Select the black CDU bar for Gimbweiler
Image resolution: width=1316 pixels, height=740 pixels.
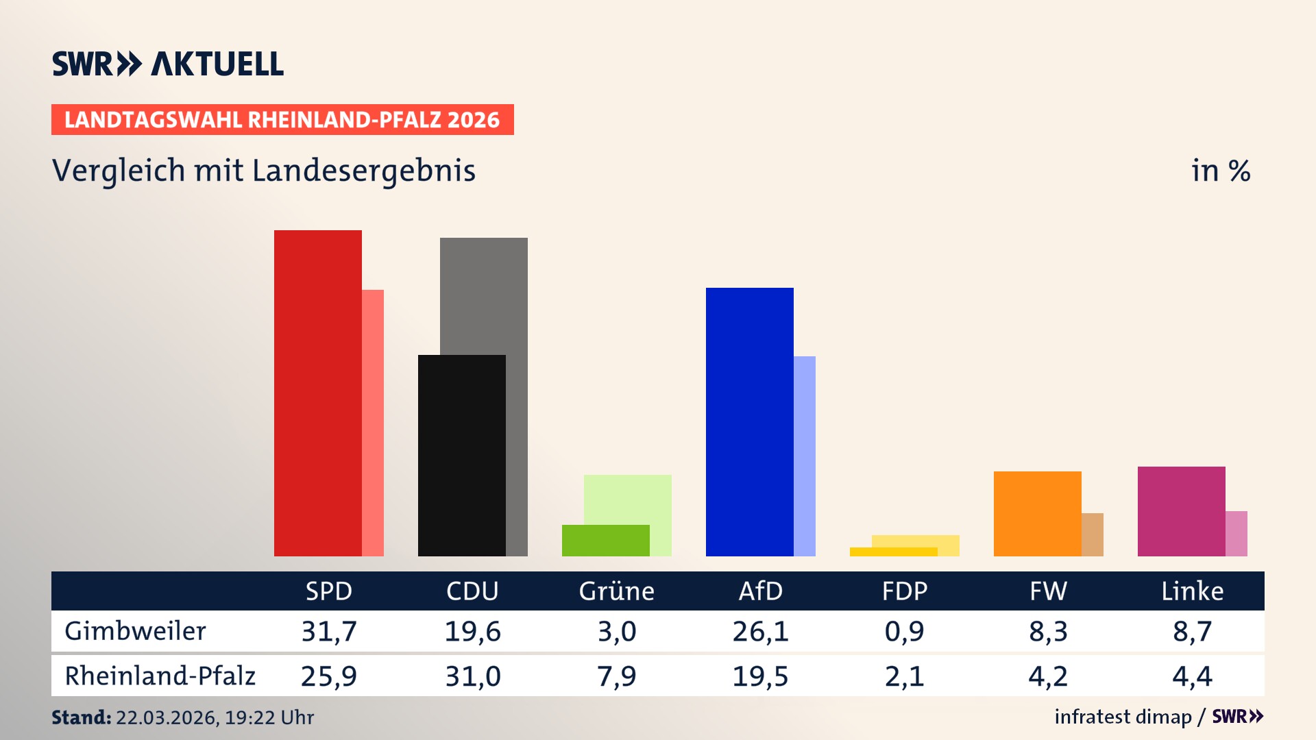[461, 455]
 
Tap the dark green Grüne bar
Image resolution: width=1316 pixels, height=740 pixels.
[605, 540]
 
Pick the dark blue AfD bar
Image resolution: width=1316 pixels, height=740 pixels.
[749, 421]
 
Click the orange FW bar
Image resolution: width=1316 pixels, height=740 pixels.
[1037, 513]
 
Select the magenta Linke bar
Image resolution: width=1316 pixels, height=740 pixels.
[1181, 511]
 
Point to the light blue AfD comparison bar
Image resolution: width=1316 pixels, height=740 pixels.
[805, 456]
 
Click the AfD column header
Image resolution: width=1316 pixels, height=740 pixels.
[760, 591]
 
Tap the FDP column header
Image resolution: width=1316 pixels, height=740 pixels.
[904, 591]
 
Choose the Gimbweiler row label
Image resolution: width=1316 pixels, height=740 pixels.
[135, 631]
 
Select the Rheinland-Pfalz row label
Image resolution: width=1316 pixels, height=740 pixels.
[160, 676]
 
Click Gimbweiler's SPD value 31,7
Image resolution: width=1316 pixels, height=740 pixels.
[329, 631]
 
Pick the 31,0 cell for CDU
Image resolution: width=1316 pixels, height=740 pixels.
[473, 676]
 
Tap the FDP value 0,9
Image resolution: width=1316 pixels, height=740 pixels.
[904, 631]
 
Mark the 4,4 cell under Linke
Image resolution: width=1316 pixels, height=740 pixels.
[1192, 676]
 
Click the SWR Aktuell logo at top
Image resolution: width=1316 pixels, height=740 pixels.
[168, 64]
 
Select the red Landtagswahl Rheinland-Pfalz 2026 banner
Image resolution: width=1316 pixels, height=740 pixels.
[282, 119]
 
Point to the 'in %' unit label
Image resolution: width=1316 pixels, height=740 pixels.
[1220, 171]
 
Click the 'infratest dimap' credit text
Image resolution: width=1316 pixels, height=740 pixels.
[1123, 717]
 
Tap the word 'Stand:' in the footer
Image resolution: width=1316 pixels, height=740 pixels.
[81, 717]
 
